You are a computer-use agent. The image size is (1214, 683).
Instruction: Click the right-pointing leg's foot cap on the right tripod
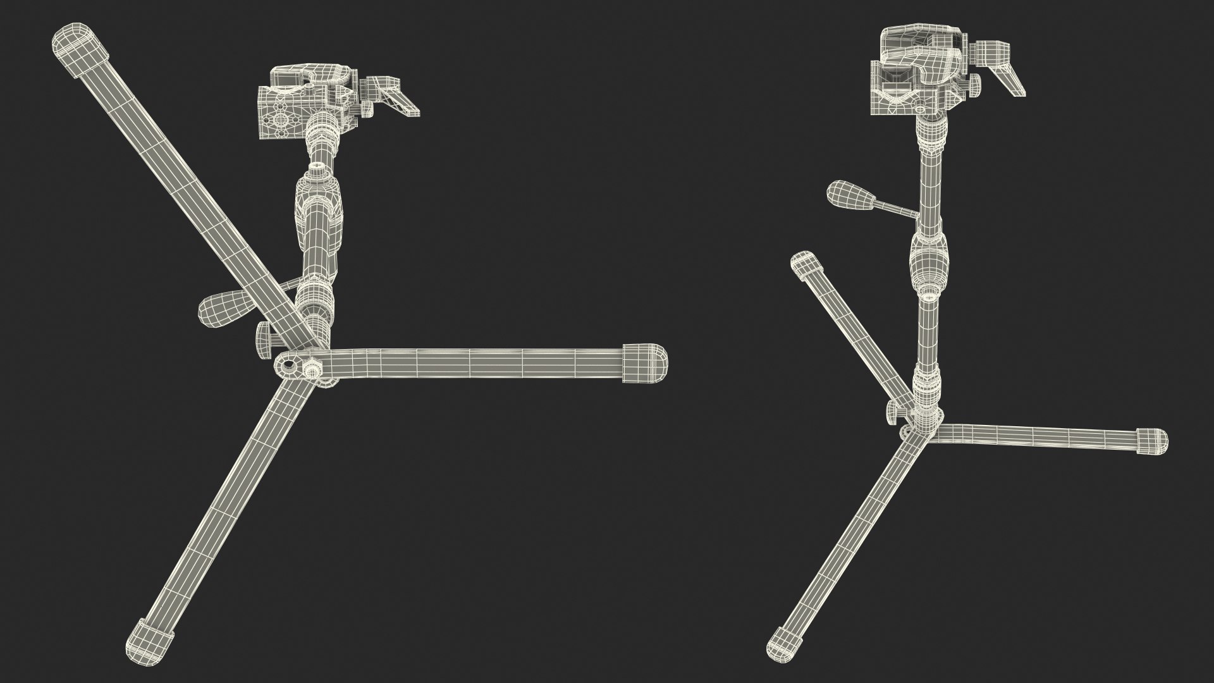1152,440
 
